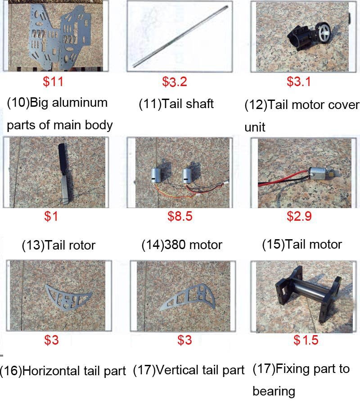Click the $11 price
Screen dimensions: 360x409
click(x=53, y=82)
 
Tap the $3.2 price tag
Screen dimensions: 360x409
click(x=175, y=82)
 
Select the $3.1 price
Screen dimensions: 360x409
click(x=299, y=82)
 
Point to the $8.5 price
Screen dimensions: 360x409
click(x=180, y=216)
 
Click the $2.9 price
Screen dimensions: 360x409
click(x=299, y=216)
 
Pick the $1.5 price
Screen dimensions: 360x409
click(x=306, y=340)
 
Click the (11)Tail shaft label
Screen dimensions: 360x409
click(x=176, y=104)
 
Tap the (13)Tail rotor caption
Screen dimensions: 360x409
click(x=58, y=245)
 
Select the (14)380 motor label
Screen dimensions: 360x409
click(x=182, y=245)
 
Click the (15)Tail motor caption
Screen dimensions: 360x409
click(x=302, y=245)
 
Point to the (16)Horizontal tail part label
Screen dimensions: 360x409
click(x=63, y=371)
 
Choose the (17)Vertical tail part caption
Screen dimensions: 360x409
click(x=189, y=370)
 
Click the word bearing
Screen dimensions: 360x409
click(x=274, y=391)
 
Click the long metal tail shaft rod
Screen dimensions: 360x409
click(x=180, y=36)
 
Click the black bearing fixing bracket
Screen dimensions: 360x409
click(x=308, y=295)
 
